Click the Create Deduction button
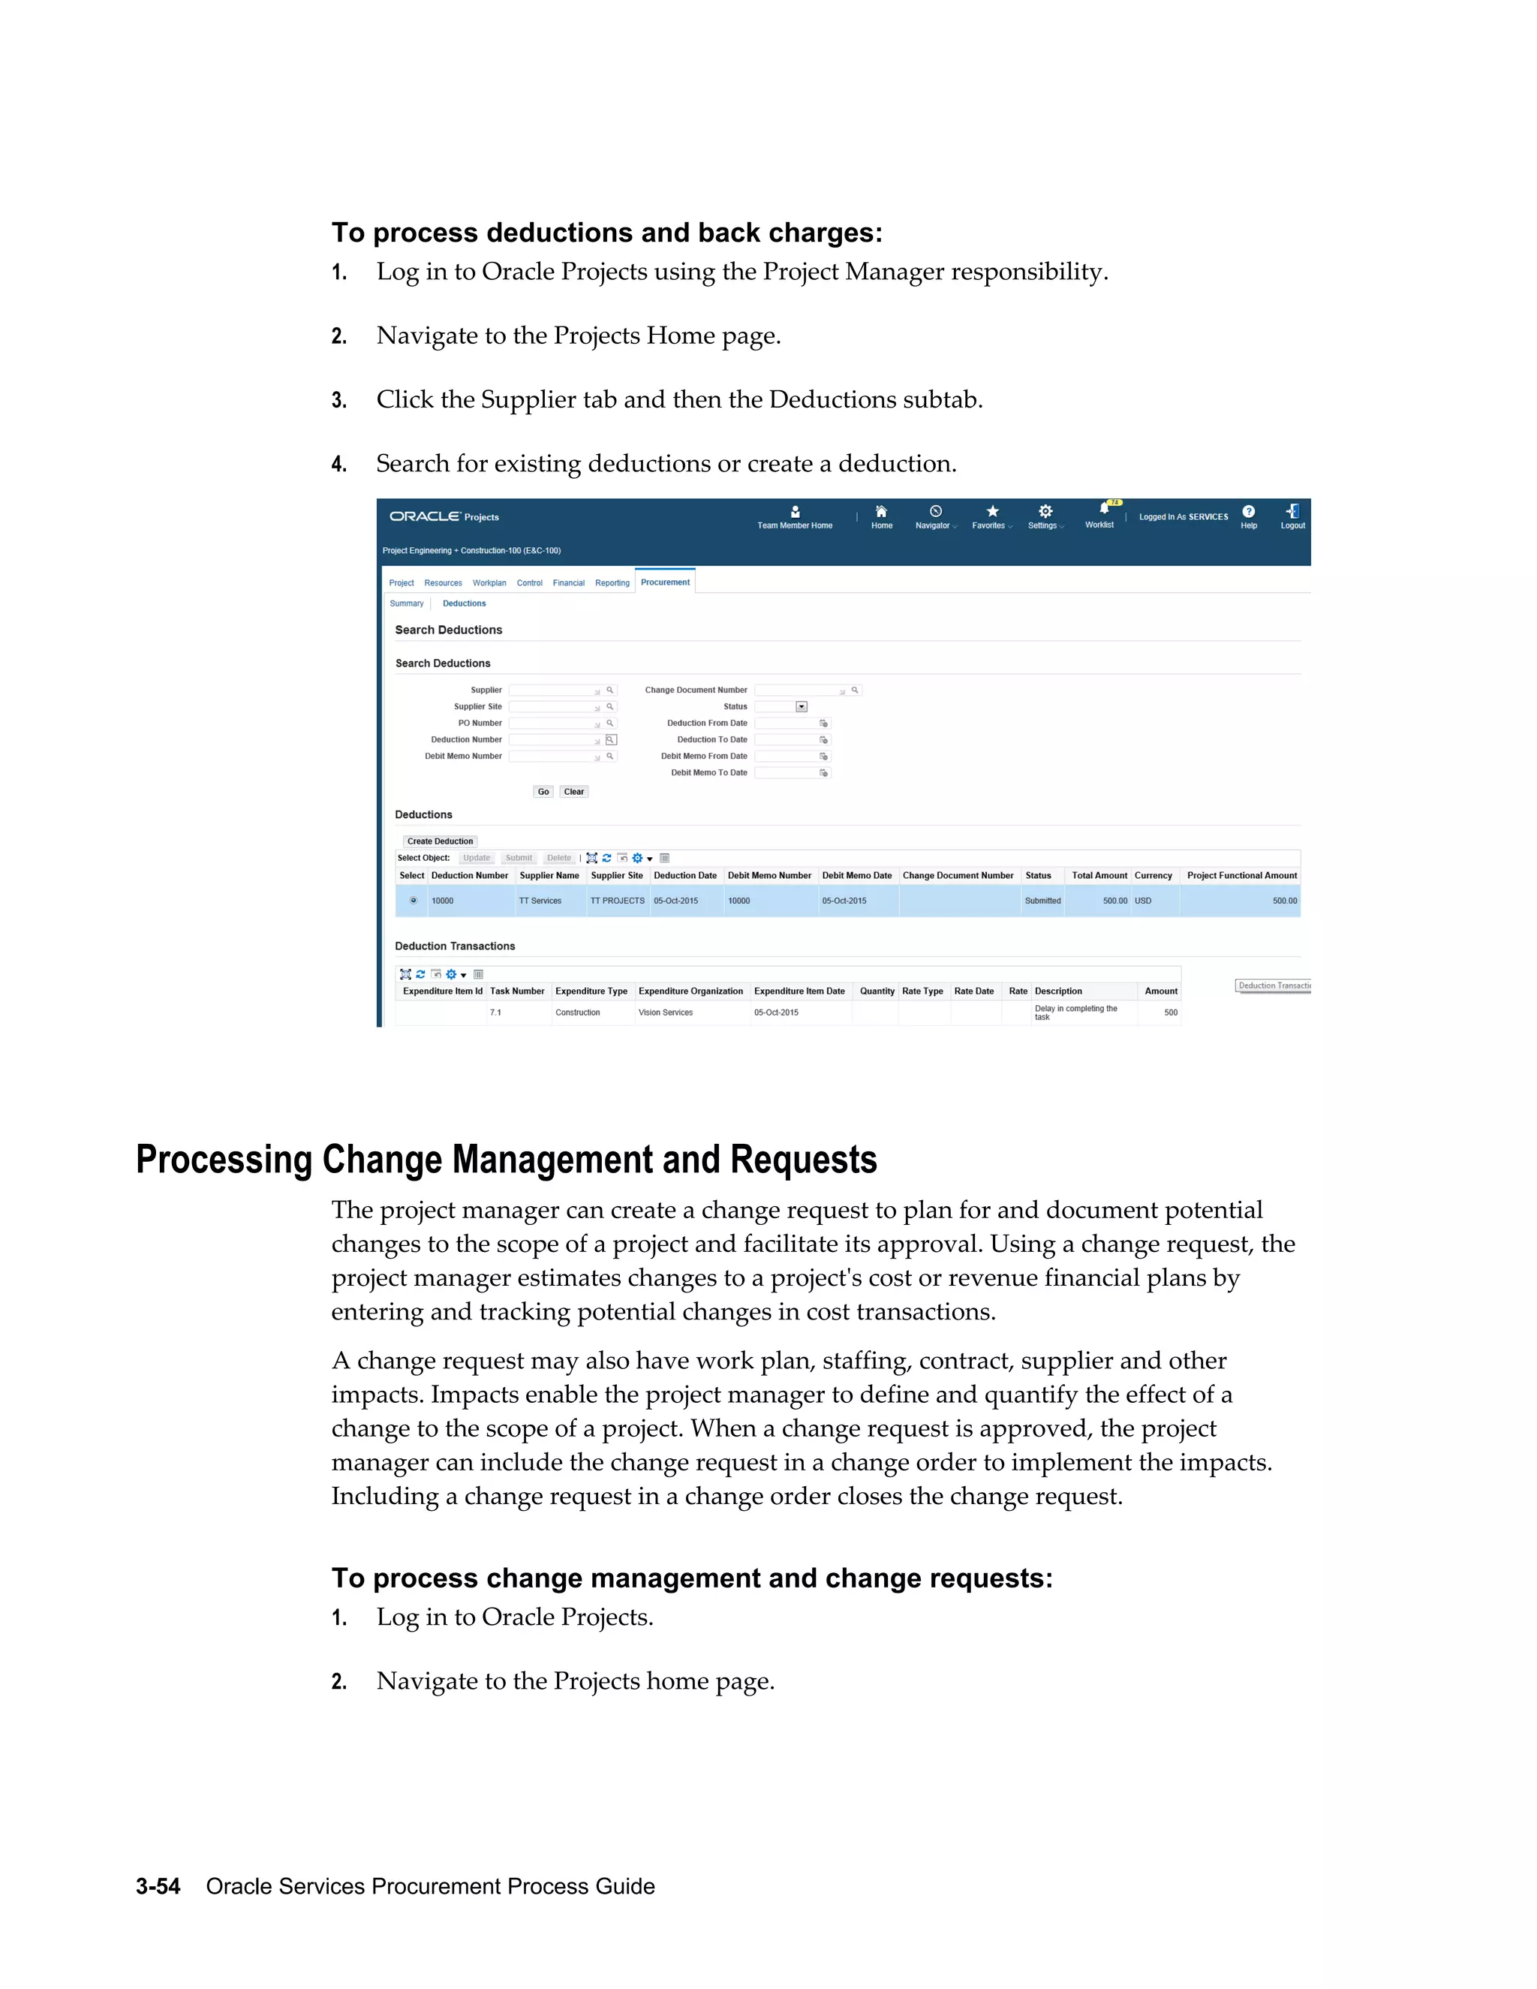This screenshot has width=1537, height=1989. (440, 841)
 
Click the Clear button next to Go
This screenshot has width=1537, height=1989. (573, 791)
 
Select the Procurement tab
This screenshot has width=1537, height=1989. (665, 582)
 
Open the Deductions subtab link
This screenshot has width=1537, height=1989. (465, 603)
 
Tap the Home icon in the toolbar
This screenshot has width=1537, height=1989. (881, 512)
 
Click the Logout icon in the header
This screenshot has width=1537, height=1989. (1292, 512)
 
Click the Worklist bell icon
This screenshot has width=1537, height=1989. (1103, 509)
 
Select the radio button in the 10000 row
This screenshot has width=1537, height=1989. (414, 901)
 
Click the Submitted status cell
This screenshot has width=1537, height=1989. (1042, 901)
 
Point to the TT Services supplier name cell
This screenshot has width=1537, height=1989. (540, 901)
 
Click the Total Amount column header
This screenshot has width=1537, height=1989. (1099, 875)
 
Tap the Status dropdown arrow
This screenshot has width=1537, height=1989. (802, 707)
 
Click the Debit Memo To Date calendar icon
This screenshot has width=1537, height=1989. (824, 773)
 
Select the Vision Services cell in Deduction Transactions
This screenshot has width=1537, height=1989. (666, 1013)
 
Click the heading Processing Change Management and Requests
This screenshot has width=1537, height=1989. (507, 1160)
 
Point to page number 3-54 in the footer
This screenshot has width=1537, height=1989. (158, 1886)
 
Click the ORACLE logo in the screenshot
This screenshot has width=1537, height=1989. (424, 516)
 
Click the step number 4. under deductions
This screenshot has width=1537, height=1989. (338, 465)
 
